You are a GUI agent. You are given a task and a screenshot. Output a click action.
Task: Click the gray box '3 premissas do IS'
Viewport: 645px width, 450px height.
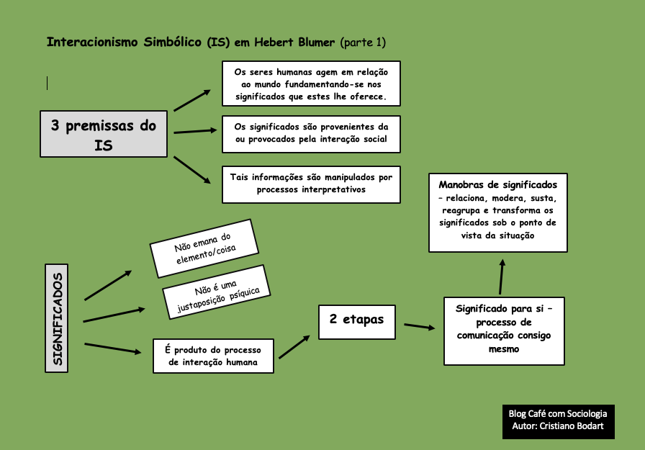point(104,134)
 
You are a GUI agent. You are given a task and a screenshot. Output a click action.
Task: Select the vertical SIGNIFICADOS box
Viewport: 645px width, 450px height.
point(57,318)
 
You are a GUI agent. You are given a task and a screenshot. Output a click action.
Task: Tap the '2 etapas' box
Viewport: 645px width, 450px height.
point(357,321)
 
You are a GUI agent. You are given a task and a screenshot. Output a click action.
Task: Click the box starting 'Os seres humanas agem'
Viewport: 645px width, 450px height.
point(310,84)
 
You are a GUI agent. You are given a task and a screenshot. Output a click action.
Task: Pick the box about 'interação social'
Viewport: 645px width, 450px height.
point(311,133)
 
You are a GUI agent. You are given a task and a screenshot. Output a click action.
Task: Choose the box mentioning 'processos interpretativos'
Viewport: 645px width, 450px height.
point(311,184)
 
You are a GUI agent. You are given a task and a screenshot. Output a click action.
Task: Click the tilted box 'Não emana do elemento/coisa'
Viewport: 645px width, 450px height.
point(204,247)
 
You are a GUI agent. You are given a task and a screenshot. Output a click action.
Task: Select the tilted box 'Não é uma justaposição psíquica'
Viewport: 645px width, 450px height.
point(216,292)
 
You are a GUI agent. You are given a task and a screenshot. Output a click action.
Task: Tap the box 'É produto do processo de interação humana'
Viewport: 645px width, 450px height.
point(214,356)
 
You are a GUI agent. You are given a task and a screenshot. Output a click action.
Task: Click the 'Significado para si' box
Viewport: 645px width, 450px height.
point(504,329)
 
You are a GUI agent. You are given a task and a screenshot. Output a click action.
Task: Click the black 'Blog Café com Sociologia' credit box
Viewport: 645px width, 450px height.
point(558,420)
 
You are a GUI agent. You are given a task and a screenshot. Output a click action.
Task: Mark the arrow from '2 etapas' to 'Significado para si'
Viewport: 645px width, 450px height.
point(420,327)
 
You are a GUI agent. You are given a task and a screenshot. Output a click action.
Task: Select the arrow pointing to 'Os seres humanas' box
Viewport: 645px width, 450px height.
point(191,100)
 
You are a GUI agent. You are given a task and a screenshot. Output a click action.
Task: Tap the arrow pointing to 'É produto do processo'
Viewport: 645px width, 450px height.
point(112,348)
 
